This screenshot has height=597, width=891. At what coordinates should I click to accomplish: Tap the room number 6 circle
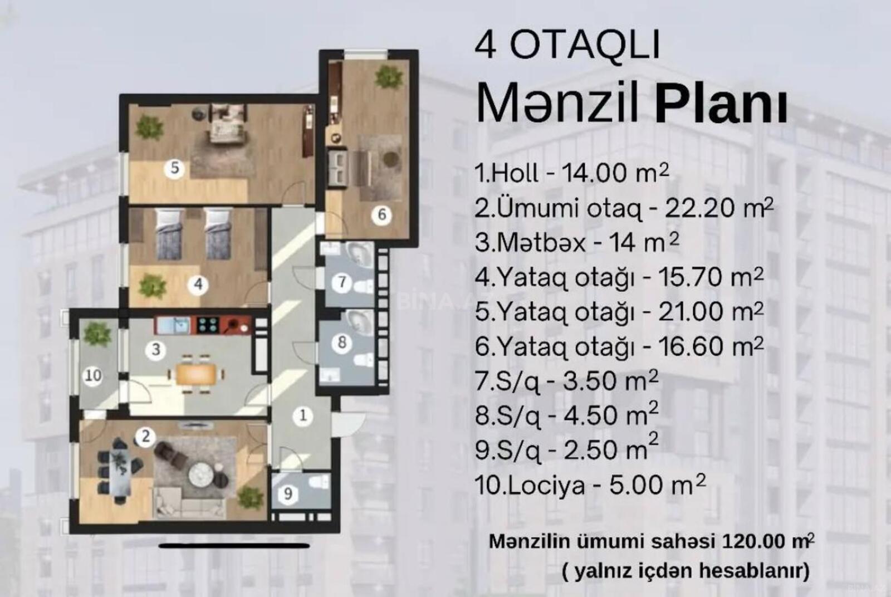pos(382,215)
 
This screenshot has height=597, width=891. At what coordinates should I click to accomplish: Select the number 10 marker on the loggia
pos(94,375)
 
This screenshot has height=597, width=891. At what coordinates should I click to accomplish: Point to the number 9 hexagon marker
pos(288,494)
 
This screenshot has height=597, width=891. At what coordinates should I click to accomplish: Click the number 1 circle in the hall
pos(303,417)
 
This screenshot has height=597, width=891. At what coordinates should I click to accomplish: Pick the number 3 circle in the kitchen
pos(156,350)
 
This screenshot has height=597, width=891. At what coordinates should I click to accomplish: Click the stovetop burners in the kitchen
pos(207,325)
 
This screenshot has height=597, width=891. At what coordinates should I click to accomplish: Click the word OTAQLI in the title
pos(585,46)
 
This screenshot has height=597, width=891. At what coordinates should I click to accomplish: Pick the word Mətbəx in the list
pos(541,243)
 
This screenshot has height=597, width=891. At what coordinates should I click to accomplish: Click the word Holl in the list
pos(515,173)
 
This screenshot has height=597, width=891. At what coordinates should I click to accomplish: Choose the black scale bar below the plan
pos(234,546)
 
